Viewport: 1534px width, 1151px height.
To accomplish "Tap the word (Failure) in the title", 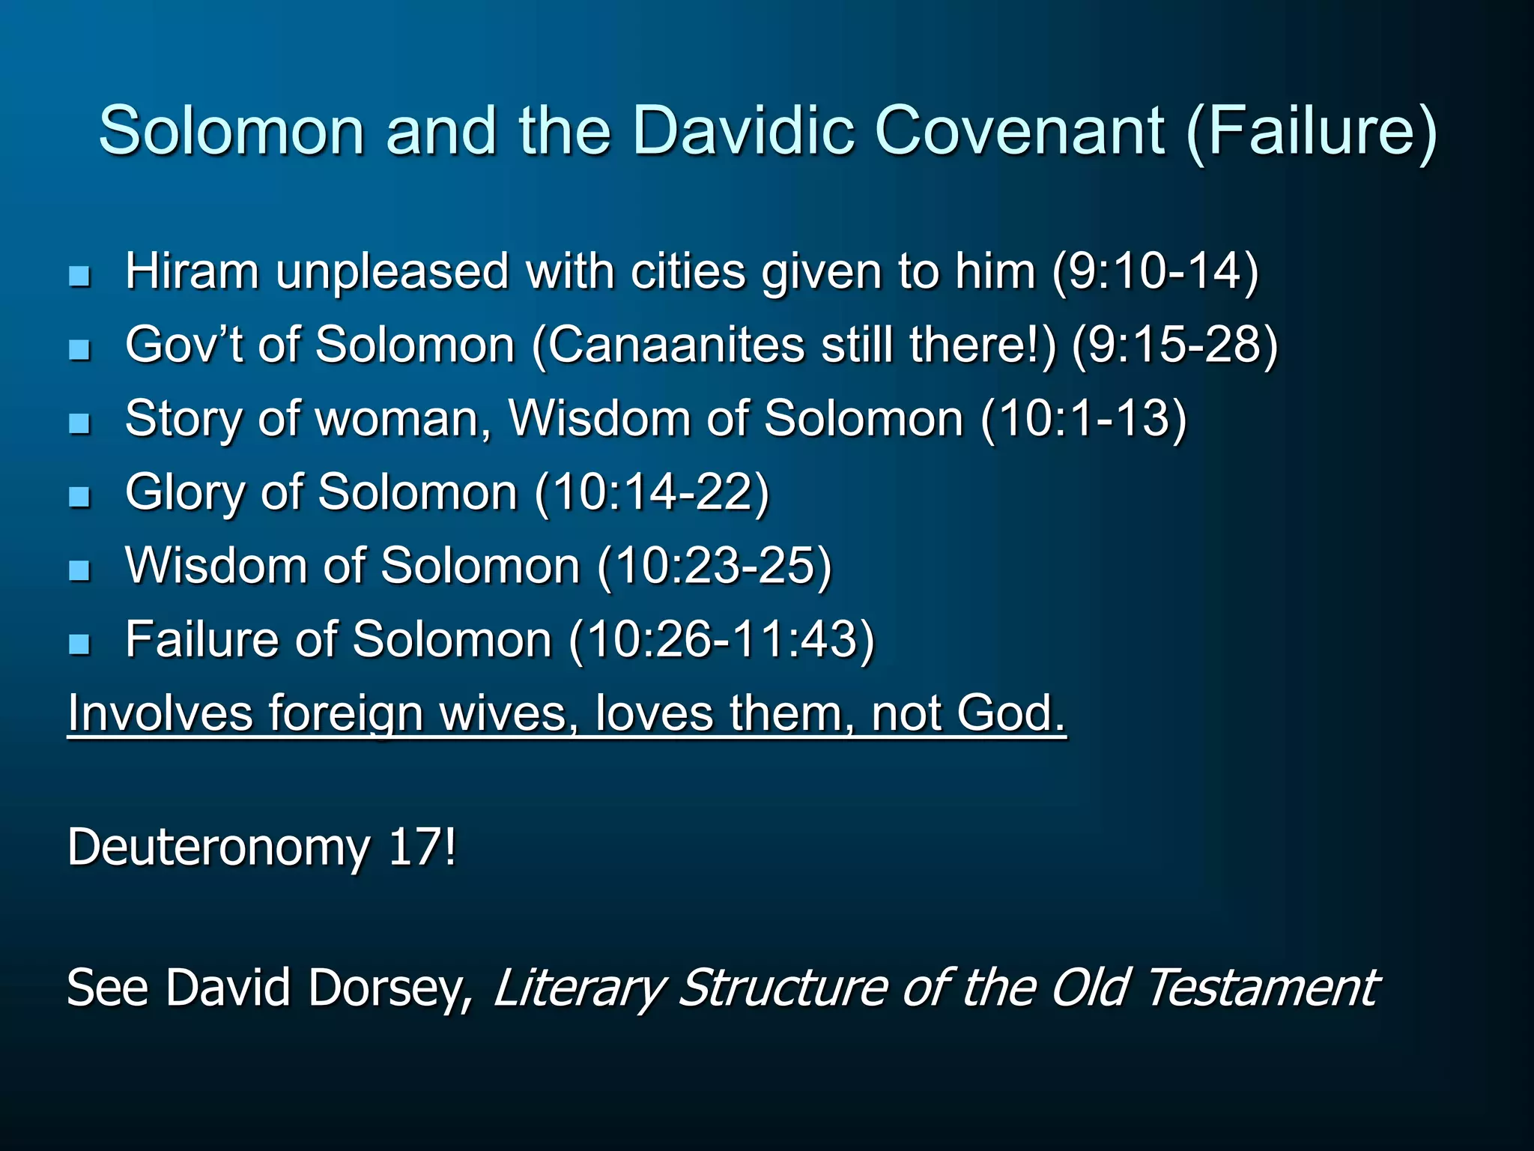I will coord(1311,131).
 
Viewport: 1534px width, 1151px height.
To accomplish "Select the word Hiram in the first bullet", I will coord(192,271).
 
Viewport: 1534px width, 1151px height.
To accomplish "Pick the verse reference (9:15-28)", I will coord(1174,345).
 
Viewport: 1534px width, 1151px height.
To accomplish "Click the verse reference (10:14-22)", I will coord(652,492).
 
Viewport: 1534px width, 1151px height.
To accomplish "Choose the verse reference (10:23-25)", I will coord(715,565).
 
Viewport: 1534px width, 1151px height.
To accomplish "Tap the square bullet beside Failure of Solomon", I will coord(79,643).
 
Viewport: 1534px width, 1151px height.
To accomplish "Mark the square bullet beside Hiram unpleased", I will coord(79,276).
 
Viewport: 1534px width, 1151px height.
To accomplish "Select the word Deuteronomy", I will coord(218,848).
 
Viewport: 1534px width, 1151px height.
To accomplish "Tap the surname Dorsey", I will coord(390,988).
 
